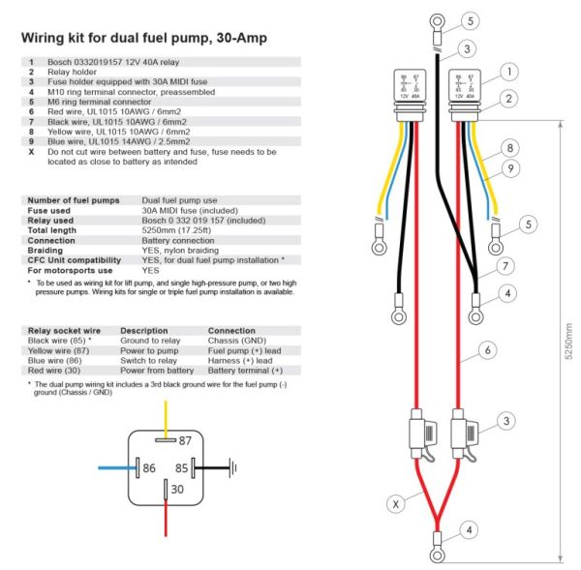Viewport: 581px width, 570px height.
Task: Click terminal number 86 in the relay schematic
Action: pyautogui.click(x=149, y=467)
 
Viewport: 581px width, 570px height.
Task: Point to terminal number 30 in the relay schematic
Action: pyautogui.click(x=176, y=490)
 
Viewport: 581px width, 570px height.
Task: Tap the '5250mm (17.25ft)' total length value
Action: pyautogui.click(x=178, y=231)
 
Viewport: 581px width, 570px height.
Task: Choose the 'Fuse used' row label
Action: pyautogui.click(x=49, y=210)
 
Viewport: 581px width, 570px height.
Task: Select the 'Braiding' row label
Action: pyautogui.click(x=46, y=250)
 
